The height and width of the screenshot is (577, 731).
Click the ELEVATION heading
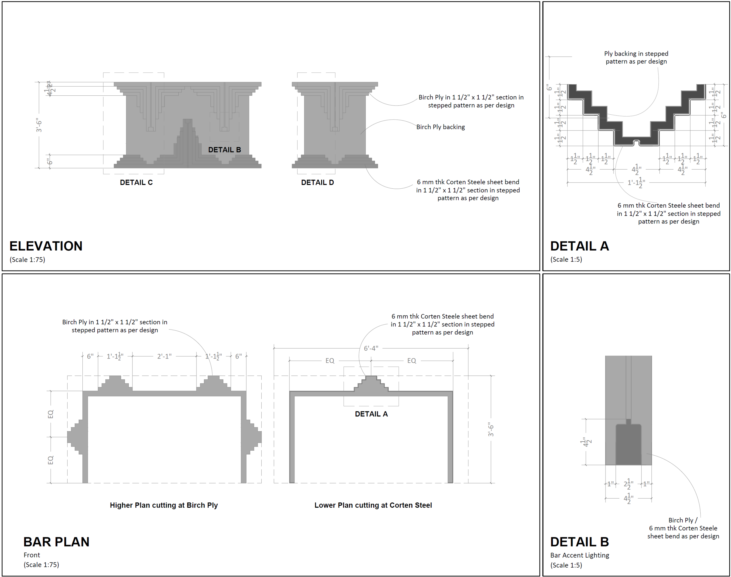46,246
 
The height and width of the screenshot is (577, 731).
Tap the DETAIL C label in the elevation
136,182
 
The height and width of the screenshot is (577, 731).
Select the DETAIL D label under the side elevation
317,182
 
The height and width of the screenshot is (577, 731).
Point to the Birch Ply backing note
440,127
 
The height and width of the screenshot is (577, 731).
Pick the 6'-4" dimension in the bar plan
370,348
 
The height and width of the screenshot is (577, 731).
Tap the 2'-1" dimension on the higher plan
164,356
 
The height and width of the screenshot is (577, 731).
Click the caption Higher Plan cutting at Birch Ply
164,505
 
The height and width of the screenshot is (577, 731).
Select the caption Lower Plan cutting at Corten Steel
373,505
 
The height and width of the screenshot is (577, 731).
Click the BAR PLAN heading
56,542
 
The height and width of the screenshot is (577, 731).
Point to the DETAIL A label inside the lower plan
371,414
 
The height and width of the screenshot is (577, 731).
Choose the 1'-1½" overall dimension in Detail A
636,183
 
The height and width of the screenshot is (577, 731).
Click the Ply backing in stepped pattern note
636,57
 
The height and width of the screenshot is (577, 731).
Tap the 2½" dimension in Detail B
628,484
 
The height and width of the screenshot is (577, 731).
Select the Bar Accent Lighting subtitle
579,555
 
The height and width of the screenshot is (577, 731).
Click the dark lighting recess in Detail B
628,446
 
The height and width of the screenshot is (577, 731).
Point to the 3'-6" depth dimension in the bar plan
491,429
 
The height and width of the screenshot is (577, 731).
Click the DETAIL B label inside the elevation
224,150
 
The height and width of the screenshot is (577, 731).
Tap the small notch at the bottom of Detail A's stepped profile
636,142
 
